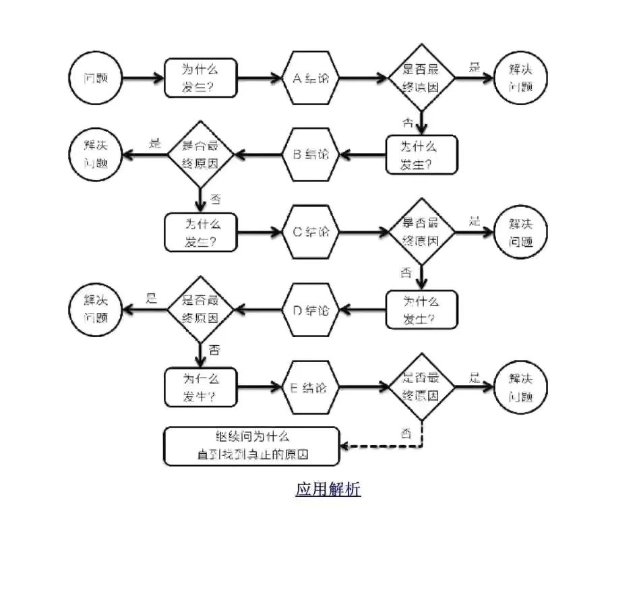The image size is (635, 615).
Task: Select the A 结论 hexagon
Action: [311, 78]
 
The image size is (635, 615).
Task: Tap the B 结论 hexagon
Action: [310, 155]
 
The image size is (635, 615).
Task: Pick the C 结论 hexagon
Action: [311, 232]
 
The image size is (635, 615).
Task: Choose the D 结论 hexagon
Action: [310, 310]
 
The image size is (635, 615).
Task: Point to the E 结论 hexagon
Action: [310, 388]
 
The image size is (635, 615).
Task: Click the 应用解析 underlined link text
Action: [328, 489]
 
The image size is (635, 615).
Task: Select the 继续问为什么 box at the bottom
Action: [251, 446]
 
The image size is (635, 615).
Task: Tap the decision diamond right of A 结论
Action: [422, 78]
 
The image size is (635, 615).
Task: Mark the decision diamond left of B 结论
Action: [200, 155]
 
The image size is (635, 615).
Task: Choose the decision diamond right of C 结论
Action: [422, 232]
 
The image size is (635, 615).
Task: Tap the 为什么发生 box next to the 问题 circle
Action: [201, 78]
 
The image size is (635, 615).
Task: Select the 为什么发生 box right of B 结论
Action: [421, 155]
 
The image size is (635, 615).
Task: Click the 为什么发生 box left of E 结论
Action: [201, 388]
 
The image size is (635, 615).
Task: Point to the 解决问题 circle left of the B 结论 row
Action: [96, 154]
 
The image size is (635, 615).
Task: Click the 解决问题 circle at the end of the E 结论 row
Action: [521, 388]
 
